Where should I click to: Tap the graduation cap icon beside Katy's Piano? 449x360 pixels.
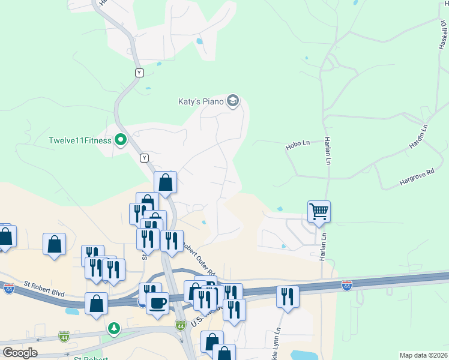[233, 101]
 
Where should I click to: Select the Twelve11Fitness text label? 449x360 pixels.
[80, 141]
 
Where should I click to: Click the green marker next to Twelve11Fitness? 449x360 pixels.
[121, 140]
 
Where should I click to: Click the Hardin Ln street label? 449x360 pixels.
[418, 137]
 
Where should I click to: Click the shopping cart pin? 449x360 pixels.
[319, 211]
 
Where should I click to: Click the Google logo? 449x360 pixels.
[20, 352]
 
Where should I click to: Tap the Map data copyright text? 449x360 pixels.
[423, 355]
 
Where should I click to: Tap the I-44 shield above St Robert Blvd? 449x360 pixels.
[8, 289]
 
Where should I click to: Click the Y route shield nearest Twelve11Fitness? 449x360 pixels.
[144, 158]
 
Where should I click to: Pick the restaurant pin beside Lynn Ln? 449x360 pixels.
[288, 296]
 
